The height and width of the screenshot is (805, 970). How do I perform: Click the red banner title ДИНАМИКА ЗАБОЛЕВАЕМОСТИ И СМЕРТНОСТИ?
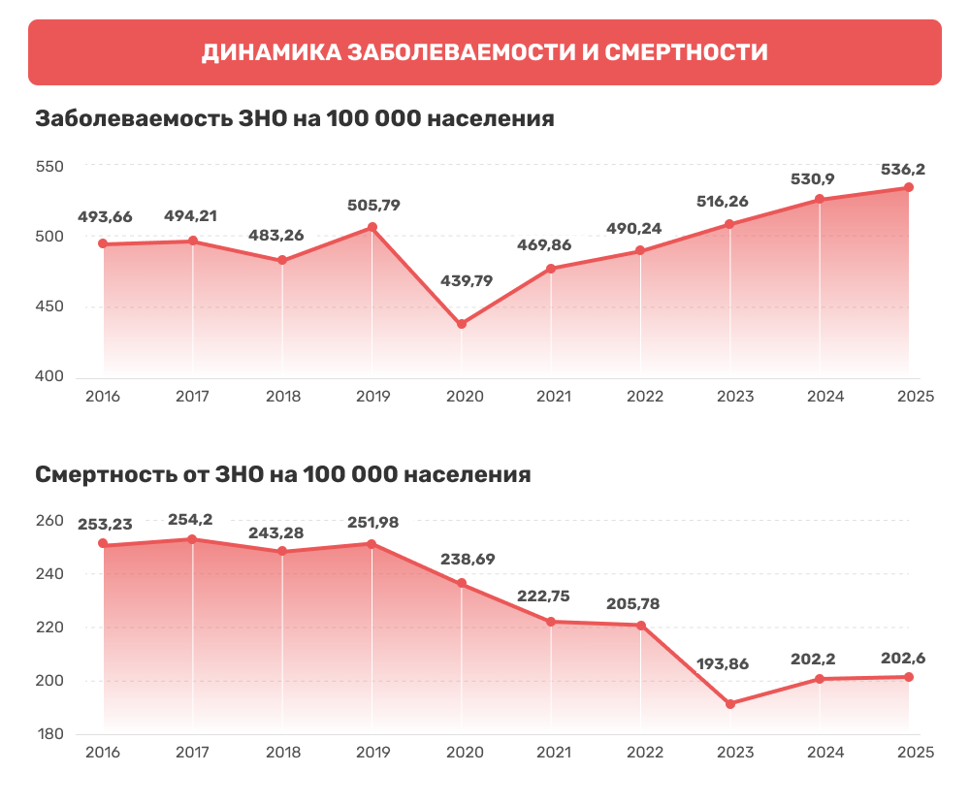[x=484, y=52]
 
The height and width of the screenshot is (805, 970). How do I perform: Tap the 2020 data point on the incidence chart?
[x=462, y=324]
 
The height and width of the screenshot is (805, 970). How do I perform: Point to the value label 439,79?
[x=467, y=281]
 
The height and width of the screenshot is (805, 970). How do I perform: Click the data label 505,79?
[x=373, y=205]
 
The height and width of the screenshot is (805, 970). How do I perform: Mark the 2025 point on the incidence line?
[x=909, y=187]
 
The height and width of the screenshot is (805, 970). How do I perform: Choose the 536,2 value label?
[x=902, y=169]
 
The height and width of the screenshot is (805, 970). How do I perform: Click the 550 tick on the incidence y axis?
[x=49, y=167]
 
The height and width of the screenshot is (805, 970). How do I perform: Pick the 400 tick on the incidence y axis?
[x=49, y=376]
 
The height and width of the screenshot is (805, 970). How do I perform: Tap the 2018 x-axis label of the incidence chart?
[x=283, y=396]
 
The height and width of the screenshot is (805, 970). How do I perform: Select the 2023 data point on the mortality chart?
[x=730, y=704]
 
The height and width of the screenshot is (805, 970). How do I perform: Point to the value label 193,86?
[x=723, y=664]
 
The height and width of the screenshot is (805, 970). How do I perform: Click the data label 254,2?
[x=190, y=519]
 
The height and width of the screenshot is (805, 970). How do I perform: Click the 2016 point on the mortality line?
[x=104, y=544]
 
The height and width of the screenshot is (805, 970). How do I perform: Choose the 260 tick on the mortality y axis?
[x=49, y=521]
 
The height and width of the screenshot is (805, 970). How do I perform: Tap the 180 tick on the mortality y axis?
[x=50, y=734]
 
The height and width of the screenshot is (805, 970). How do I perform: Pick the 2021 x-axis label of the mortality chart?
[x=554, y=753]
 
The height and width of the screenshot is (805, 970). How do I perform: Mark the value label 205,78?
[x=632, y=604]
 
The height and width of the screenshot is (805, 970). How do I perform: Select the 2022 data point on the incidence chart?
[x=640, y=250]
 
